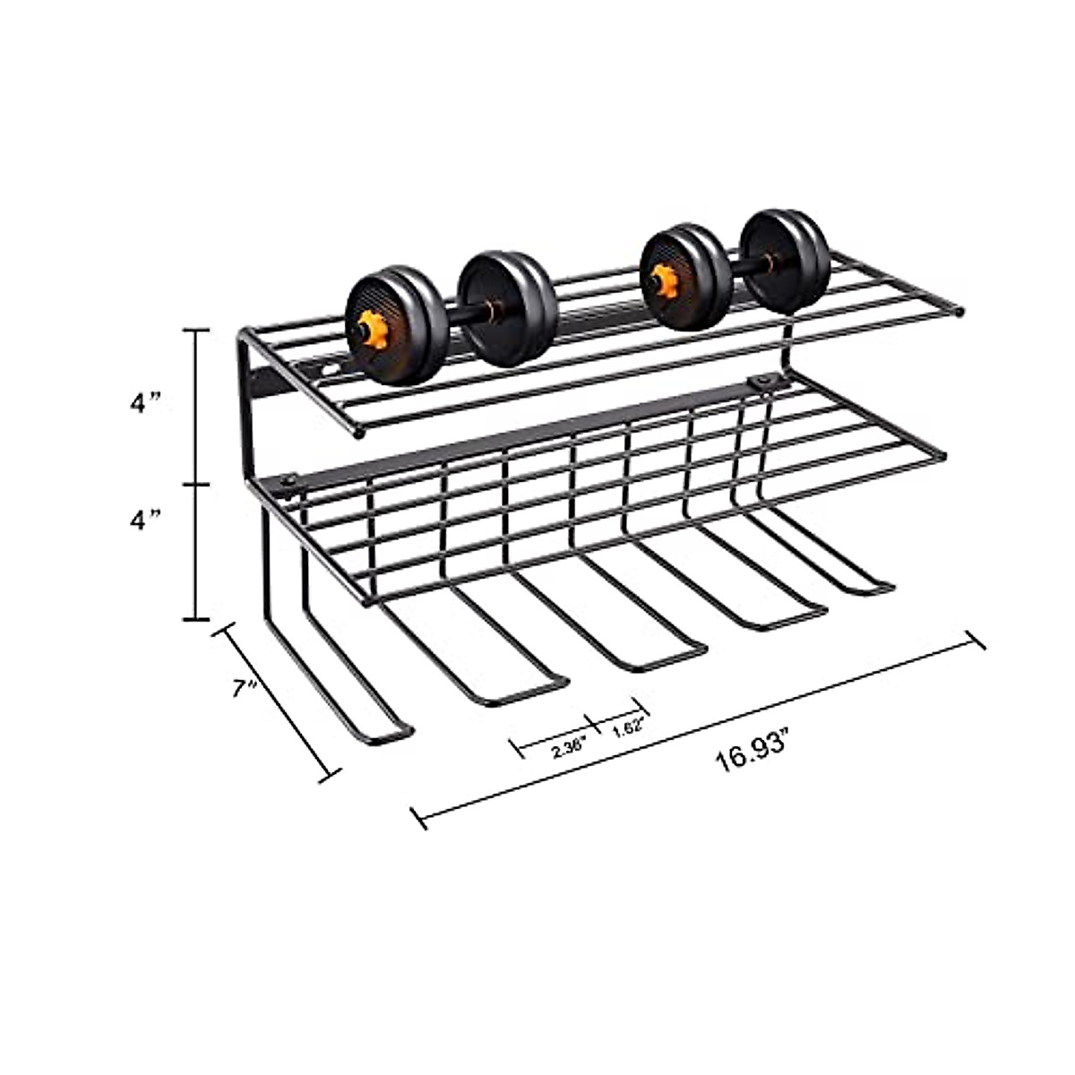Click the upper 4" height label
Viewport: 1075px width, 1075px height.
[143, 403]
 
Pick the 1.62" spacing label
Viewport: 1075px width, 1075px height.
[629, 730]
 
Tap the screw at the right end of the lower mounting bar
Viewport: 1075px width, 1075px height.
[762, 383]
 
